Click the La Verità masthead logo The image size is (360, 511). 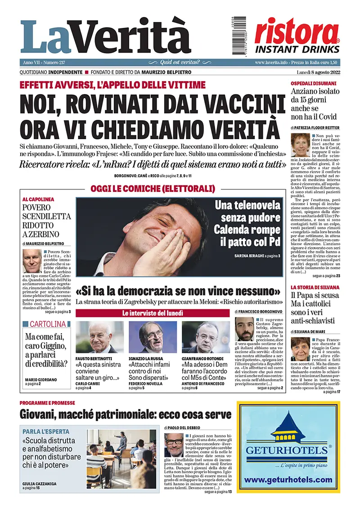[106, 37]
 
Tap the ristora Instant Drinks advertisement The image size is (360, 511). [297, 35]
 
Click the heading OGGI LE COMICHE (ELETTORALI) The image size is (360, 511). [153, 188]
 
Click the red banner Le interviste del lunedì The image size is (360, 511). [153, 313]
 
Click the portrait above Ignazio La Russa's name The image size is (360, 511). [153, 336]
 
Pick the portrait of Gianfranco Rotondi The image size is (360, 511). [206, 336]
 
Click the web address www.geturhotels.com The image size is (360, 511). [288, 479]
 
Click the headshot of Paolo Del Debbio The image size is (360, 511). [173, 445]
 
